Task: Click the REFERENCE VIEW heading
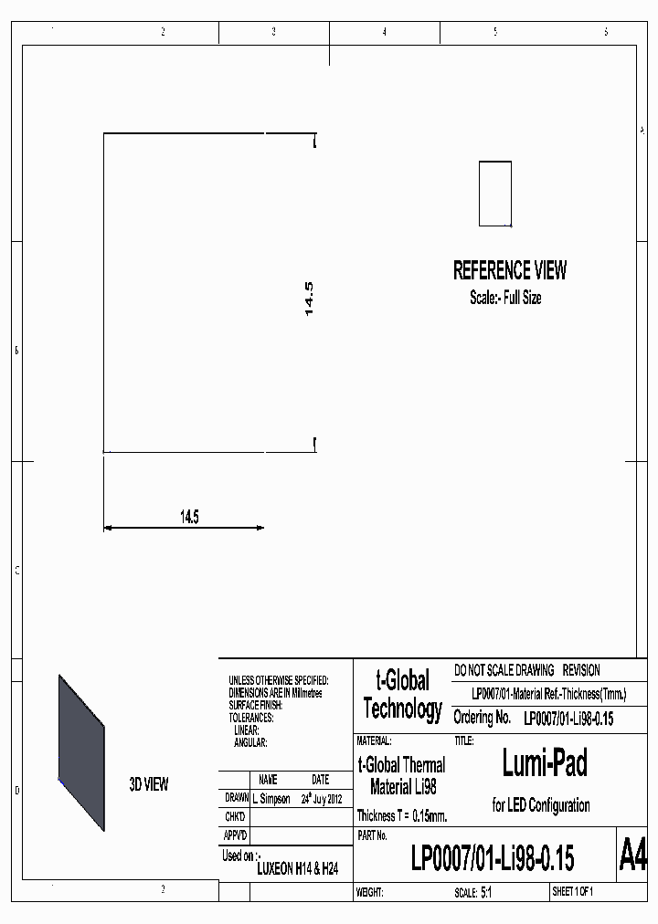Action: [510, 270]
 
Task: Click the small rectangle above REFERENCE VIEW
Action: [495, 194]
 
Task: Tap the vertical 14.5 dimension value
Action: [309, 299]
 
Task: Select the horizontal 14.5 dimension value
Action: [189, 517]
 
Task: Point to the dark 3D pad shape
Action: [81, 752]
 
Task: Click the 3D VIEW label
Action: [149, 784]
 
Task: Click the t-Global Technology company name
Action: [402, 695]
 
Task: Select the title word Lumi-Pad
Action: [545, 762]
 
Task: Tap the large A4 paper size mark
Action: [632, 856]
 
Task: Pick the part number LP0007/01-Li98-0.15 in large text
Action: [493, 859]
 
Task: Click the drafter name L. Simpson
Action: [271, 798]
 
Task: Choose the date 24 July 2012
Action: [321, 798]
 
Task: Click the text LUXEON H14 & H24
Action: [297, 870]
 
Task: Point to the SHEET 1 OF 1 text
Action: [573, 892]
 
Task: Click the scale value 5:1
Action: [486, 892]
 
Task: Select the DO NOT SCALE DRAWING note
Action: [504, 670]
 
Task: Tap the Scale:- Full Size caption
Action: [505, 298]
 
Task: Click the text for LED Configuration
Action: [541, 805]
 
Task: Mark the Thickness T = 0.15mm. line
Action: [402, 815]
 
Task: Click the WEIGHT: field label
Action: [370, 892]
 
